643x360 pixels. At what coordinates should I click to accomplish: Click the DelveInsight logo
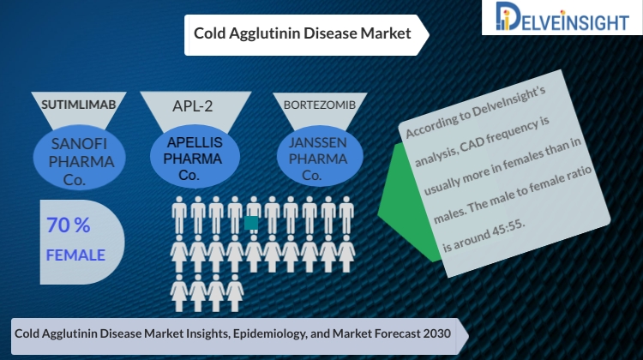(x=562, y=17)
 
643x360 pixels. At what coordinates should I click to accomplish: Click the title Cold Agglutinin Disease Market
(x=303, y=33)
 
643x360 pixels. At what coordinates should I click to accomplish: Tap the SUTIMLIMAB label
(x=79, y=105)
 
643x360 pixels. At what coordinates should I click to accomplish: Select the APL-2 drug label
(x=192, y=106)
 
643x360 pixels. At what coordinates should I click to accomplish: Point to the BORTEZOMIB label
(x=320, y=105)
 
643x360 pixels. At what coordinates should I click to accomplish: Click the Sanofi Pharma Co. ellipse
(x=79, y=158)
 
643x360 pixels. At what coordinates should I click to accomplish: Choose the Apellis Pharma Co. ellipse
(x=195, y=158)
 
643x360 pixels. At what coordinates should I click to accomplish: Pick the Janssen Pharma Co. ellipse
(x=320, y=158)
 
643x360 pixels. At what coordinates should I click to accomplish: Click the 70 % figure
(x=68, y=225)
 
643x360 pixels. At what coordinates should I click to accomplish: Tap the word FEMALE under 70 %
(x=75, y=255)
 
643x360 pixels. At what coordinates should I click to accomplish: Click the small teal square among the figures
(x=251, y=223)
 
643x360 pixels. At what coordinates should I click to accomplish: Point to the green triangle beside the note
(x=408, y=201)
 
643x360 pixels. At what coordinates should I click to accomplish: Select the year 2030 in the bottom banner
(x=438, y=333)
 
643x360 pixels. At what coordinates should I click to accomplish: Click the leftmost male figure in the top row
(x=179, y=215)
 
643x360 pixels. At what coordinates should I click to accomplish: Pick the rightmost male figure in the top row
(x=346, y=215)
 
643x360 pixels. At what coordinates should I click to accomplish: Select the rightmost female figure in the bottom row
(x=235, y=293)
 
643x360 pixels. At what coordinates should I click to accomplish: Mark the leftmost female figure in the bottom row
(x=179, y=293)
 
